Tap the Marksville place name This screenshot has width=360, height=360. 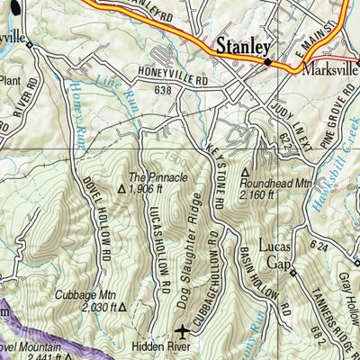pyautogui.click(x=330, y=69)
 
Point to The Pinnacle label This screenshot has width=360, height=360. pyautogui.click(x=158, y=178)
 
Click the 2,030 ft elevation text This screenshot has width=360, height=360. pyautogui.click(x=99, y=307)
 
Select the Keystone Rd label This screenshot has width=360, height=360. pyautogui.click(x=217, y=172)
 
